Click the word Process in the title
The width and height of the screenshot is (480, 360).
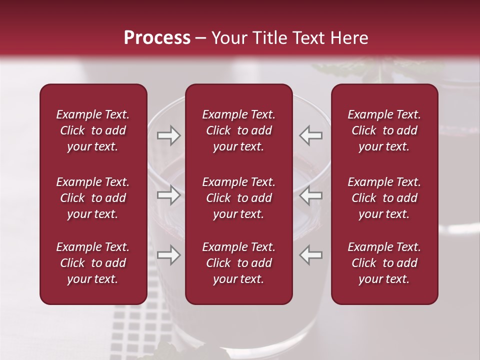click(157, 38)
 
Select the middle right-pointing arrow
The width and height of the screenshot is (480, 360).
click(168, 195)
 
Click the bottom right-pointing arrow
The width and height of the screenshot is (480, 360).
click(168, 255)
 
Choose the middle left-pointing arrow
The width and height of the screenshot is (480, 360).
click(311, 195)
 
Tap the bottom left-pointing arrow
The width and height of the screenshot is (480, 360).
click(311, 255)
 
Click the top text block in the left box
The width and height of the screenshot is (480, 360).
click(93, 130)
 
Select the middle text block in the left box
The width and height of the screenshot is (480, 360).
click(93, 198)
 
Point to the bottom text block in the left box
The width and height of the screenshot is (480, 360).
click(93, 263)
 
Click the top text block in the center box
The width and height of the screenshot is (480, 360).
click(238, 130)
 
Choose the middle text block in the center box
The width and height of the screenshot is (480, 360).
click(238, 198)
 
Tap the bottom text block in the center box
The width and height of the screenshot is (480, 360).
click(238, 263)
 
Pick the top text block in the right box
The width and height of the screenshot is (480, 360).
click(384, 130)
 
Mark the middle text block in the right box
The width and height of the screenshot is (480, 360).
click(384, 198)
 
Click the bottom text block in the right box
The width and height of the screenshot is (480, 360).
click(384, 263)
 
